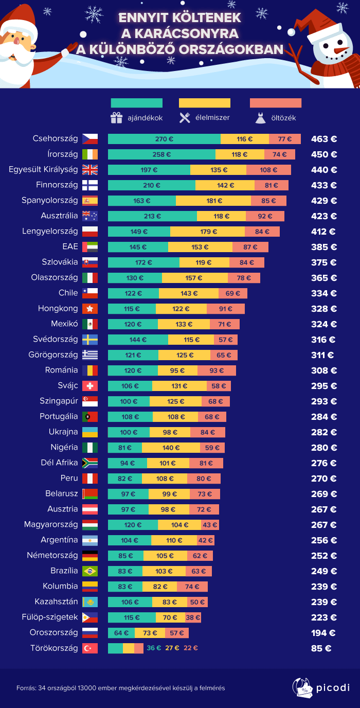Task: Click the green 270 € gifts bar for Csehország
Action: click(164, 139)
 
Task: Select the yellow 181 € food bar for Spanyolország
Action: click(213, 201)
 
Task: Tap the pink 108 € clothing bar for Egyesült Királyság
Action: click(268, 170)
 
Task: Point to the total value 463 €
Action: click(323, 139)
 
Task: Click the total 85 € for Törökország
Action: click(321, 648)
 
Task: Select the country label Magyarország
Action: click(51, 525)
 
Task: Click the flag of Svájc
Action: click(89, 386)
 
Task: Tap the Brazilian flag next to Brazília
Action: click(89, 571)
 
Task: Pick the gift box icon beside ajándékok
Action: click(116, 118)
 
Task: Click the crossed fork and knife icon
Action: click(185, 118)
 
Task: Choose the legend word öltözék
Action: click(283, 118)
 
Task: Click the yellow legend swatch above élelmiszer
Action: click(204, 103)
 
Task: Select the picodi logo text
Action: click(333, 687)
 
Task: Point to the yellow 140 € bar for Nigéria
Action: click(171, 448)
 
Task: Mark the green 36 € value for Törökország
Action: click(154, 648)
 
